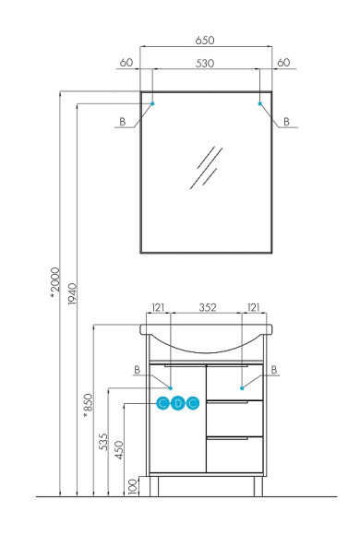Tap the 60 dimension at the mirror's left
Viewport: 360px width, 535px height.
[126, 63]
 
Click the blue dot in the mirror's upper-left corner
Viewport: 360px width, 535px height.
[152, 104]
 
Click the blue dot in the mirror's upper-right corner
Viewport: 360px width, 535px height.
[260, 104]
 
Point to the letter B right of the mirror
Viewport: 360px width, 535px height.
[286, 122]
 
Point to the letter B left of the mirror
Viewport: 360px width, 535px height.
[121, 122]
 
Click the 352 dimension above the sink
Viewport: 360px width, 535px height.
[208, 307]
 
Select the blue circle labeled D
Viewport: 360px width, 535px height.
[177, 403]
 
